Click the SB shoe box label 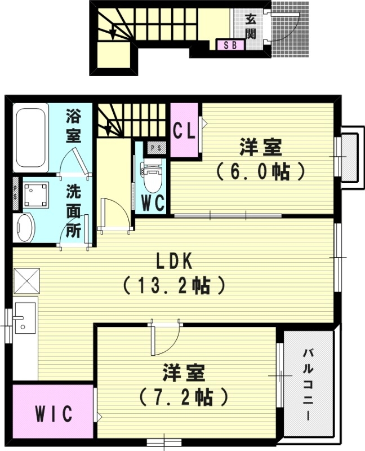point(231,45)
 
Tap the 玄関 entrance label point(251,25)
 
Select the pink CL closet point(184,131)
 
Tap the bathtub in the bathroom point(31,137)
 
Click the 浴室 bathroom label point(73,126)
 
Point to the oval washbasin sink point(24,228)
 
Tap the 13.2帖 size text point(175,285)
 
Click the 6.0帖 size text point(260,170)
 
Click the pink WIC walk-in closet point(54,414)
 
